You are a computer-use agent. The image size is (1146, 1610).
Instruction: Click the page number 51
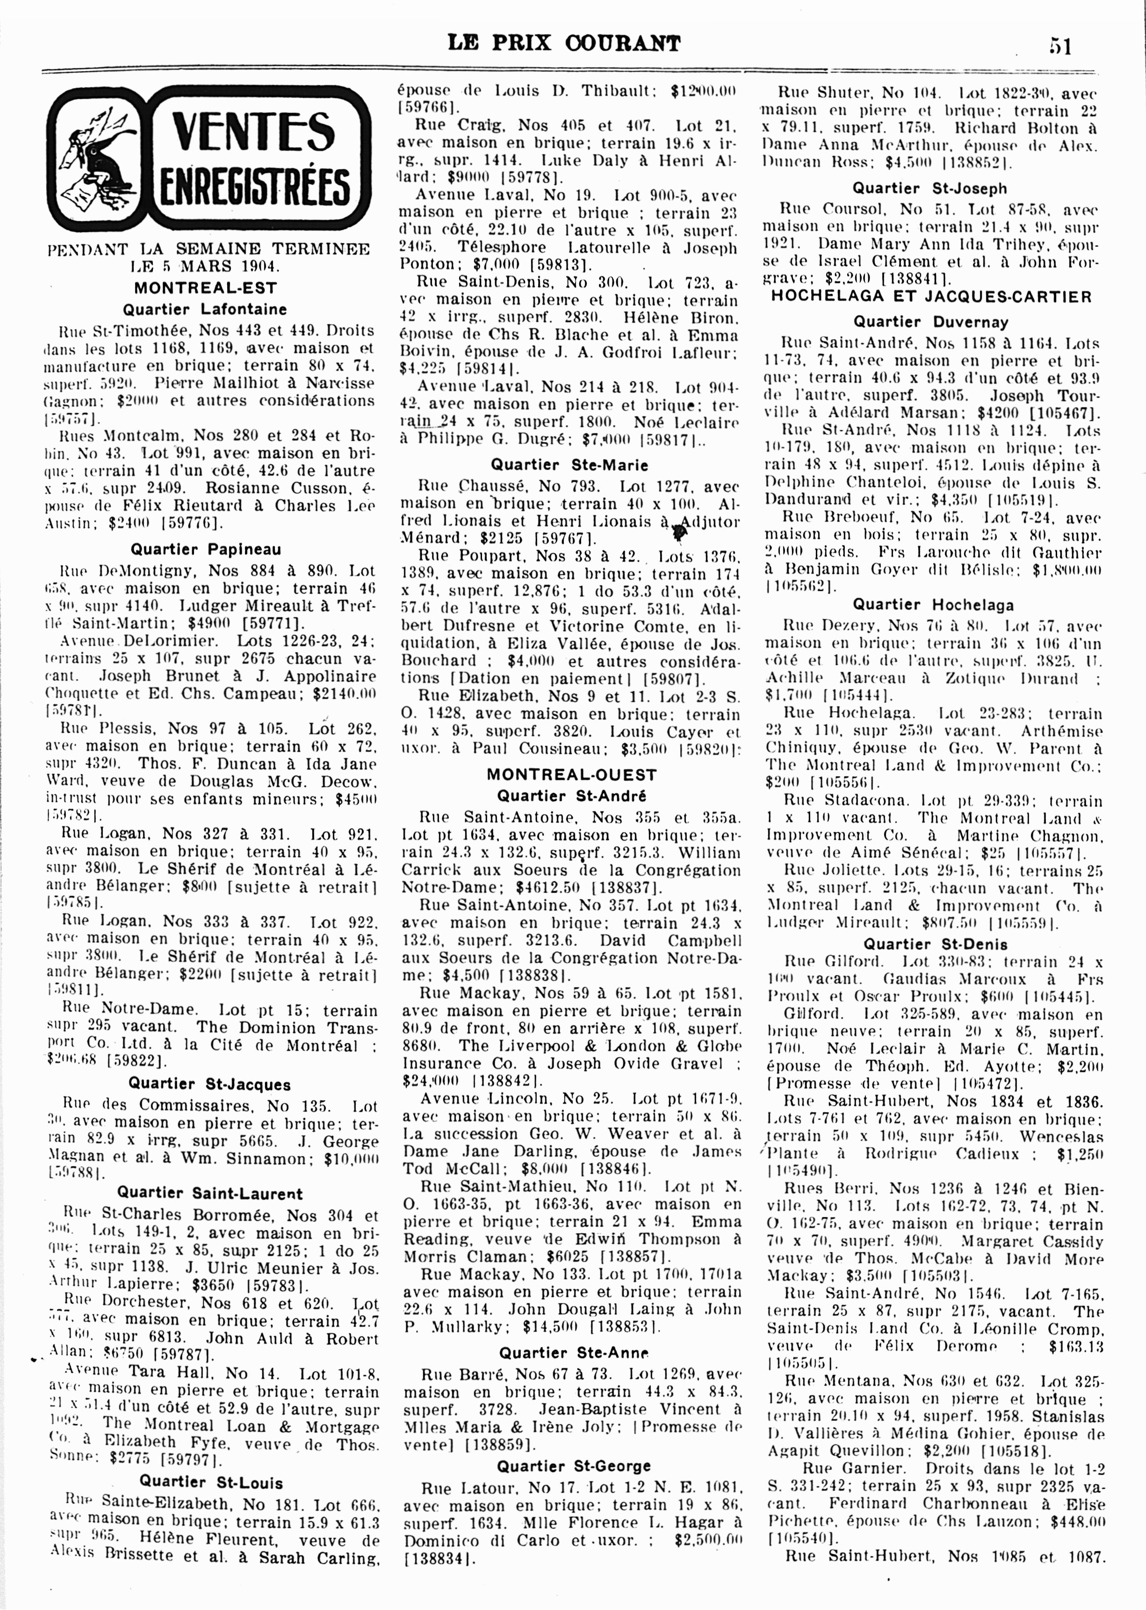click(x=1060, y=46)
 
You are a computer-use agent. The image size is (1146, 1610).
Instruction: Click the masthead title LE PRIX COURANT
click(x=564, y=44)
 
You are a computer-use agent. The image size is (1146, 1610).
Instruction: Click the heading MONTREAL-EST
click(x=205, y=288)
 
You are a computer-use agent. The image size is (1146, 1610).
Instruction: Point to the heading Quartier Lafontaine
click(x=205, y=309)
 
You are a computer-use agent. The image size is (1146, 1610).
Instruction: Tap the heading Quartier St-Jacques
click(x=209, y=1084)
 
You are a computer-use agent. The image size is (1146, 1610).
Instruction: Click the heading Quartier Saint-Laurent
click(x=209, y=1194)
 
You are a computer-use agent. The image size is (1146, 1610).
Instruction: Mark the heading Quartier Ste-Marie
click(x=569, y=466)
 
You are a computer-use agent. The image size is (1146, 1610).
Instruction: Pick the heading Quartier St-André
click(x=571, y=796)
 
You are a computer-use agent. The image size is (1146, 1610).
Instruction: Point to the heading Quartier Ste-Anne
click(x=573, y=1353)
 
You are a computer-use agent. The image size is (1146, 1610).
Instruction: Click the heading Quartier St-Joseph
click(x=930, y=189)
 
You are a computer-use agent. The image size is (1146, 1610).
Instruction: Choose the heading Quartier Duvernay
click(x=931, y=322)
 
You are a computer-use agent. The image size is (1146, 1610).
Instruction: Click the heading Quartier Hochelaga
click(x=933, y=605)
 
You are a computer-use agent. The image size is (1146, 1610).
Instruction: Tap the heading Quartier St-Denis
click(x=935, y=944)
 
